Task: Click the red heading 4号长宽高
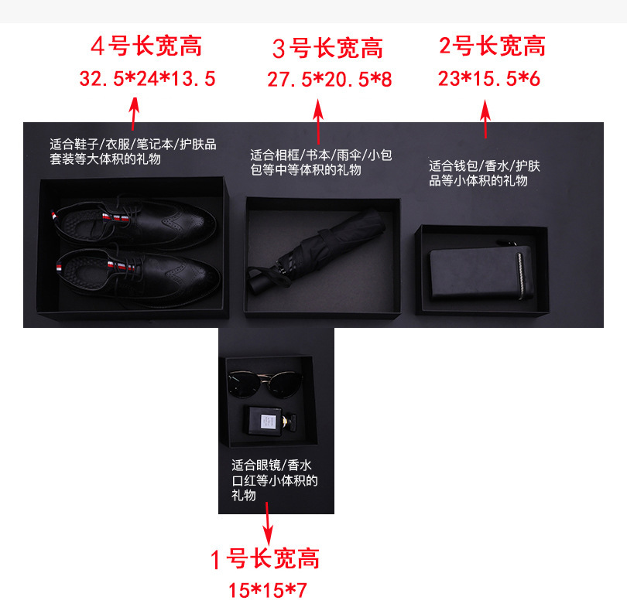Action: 146,46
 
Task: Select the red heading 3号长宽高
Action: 327,49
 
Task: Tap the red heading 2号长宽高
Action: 492,46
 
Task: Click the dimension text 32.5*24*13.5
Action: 147,78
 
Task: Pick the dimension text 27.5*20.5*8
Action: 330,80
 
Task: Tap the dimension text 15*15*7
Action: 268,591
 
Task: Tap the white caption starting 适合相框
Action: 320,162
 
